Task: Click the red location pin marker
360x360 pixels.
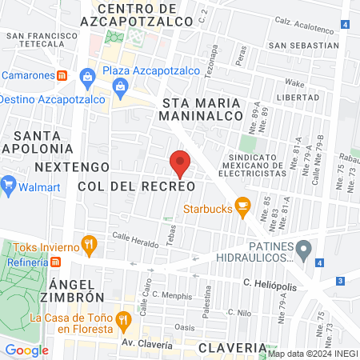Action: (x=180, y=164)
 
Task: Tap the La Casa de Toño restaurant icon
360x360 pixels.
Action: (x=123, y=321)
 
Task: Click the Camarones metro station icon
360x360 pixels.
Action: (x=61, y=75)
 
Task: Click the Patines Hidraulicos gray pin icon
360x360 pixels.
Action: (x=303, y=251)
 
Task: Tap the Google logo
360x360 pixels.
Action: (x=26, y=350)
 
